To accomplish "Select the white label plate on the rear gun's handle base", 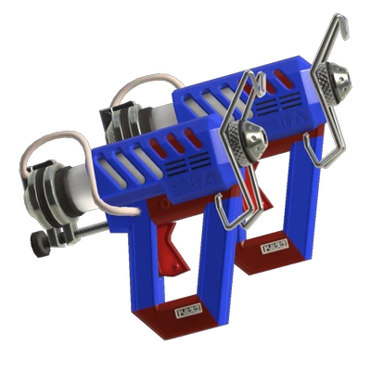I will [x=276, y=249].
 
